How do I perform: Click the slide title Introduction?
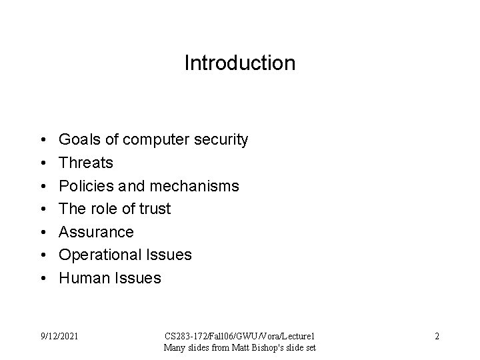tap(239, 63)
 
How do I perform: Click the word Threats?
tap(86, 163)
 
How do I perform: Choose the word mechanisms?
tap(199, 186)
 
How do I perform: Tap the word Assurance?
tap(96, 232)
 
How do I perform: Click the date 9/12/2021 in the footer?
tap(59, 336)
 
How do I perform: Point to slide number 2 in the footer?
tap(437, 336)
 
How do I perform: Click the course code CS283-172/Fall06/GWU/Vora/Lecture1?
tap(240, 336)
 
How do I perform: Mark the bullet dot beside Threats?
tap(41, 163)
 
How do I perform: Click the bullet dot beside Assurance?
tap(41, 233)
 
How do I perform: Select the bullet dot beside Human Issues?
tap(41, 279)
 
